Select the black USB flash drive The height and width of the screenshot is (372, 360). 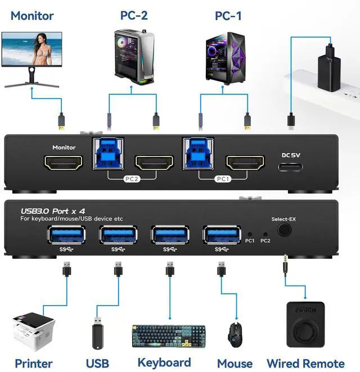pos(97,335)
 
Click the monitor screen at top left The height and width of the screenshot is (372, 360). pos(31,50)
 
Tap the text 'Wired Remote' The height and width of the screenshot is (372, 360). pos(305,364)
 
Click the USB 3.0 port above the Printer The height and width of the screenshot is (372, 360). pos(66,235)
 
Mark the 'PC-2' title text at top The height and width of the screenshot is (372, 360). pos(134,15)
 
